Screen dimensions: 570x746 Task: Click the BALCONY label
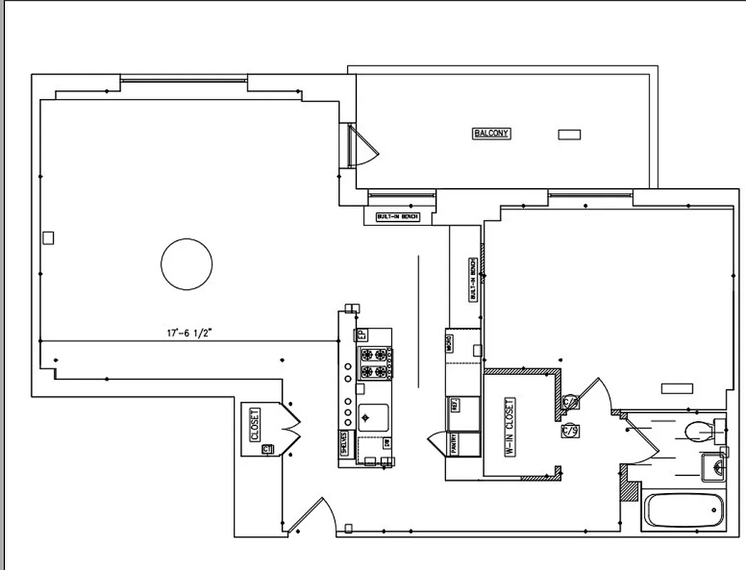click(x=492, y=133)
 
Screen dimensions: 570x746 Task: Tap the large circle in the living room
click(x=187, y=264)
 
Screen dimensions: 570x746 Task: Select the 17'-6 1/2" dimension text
click(x=185, y=332)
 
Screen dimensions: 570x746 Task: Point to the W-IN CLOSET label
click(x=509, y=427)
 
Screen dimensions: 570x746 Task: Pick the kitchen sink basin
click(x=373, y=417)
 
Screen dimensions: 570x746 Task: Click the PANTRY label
click(x=452, y=442)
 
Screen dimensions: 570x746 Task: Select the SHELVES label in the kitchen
click(x=344, y=443)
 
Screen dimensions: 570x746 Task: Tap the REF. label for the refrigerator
click(x=454, y=405)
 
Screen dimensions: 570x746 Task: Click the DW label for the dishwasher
click(x=386, y=444)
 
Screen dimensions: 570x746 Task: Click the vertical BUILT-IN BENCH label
click(x=472, y=279)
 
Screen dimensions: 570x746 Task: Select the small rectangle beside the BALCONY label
click(x=569, y=134)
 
